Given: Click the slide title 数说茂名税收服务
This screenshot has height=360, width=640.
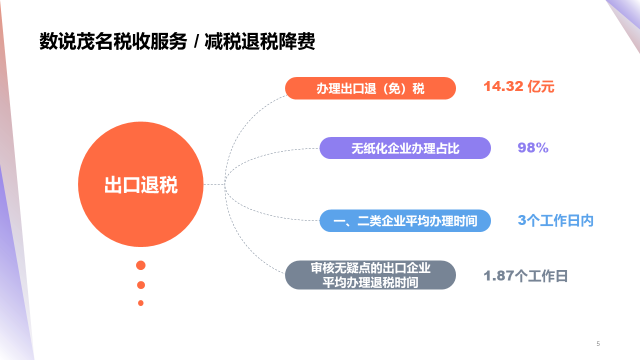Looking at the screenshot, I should coord(113,42).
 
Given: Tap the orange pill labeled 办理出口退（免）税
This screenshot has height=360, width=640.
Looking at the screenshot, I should coord(370,88).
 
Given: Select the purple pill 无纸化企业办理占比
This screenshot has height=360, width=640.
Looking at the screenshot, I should coord(405,148).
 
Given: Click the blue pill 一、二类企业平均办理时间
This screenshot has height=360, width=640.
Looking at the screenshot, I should coord(405,220).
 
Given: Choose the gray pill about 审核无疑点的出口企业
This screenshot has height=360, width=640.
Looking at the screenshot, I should coord(370,275).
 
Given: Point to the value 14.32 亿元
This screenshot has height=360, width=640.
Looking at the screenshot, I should coord(518,87).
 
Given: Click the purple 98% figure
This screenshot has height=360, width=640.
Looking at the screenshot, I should coord(533,148).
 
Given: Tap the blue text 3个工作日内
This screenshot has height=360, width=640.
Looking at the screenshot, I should coord(555,220).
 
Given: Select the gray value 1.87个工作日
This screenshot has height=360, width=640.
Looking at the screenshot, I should coord(525,276).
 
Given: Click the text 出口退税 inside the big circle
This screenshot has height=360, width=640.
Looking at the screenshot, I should coord(140,185).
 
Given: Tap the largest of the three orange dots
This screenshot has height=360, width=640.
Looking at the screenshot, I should coord(141,265).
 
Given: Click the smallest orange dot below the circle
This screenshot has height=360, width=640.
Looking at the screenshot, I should coord(141,303).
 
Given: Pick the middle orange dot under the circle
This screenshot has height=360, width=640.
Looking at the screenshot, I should coord(141,285).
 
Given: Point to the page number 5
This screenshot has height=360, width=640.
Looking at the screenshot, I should coord(598,343).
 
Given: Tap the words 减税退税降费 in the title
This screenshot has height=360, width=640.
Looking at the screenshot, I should coord(260,42).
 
